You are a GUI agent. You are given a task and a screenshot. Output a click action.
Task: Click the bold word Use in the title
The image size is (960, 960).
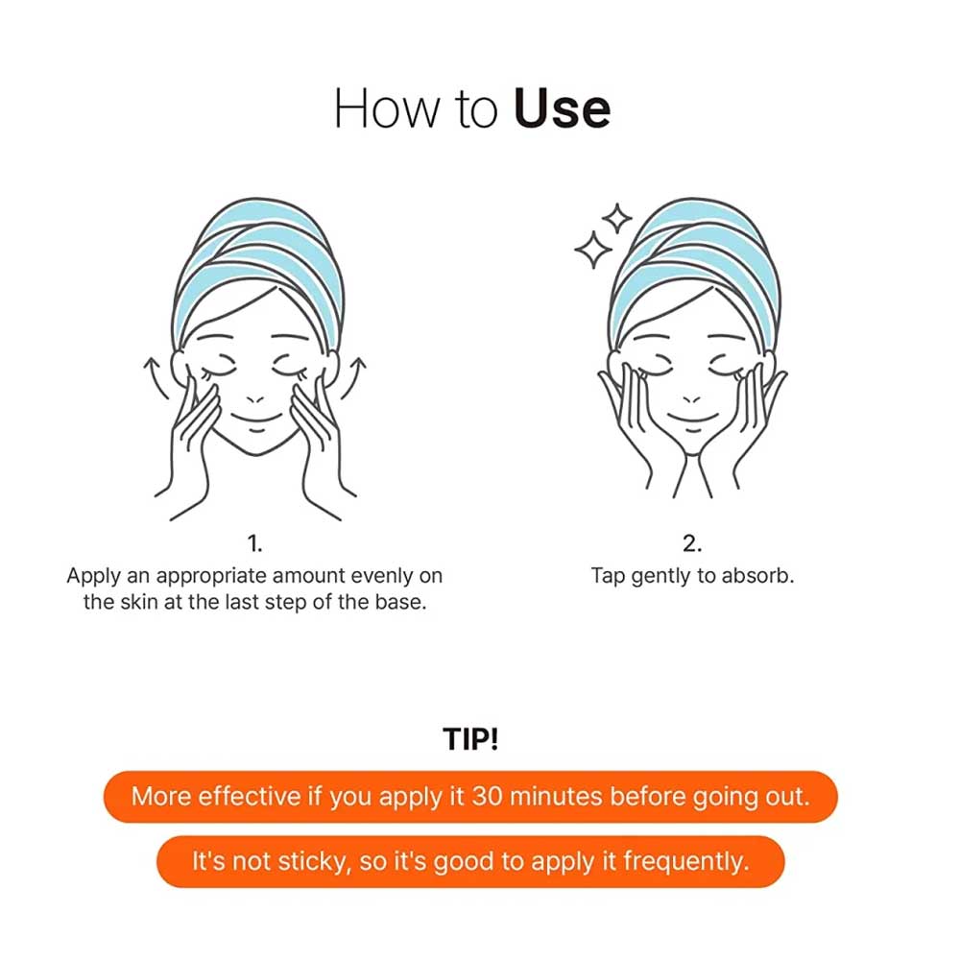tap(562, 110)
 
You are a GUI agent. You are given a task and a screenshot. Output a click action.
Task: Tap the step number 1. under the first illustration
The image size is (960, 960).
tap(254, 544)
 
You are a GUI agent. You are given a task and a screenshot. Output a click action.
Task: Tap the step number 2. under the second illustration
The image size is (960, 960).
tap(691, 544)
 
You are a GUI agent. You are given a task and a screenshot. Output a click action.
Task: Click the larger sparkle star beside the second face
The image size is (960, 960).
tap(592, 251)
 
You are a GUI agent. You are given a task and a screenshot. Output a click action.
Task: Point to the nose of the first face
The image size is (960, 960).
tap(254, 396)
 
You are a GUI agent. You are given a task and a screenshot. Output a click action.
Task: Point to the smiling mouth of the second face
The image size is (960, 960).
tap(691, 416)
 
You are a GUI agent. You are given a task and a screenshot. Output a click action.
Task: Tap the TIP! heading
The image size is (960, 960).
tap(471, 740)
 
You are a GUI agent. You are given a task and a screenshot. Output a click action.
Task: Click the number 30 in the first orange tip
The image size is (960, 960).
tap(490, 797)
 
